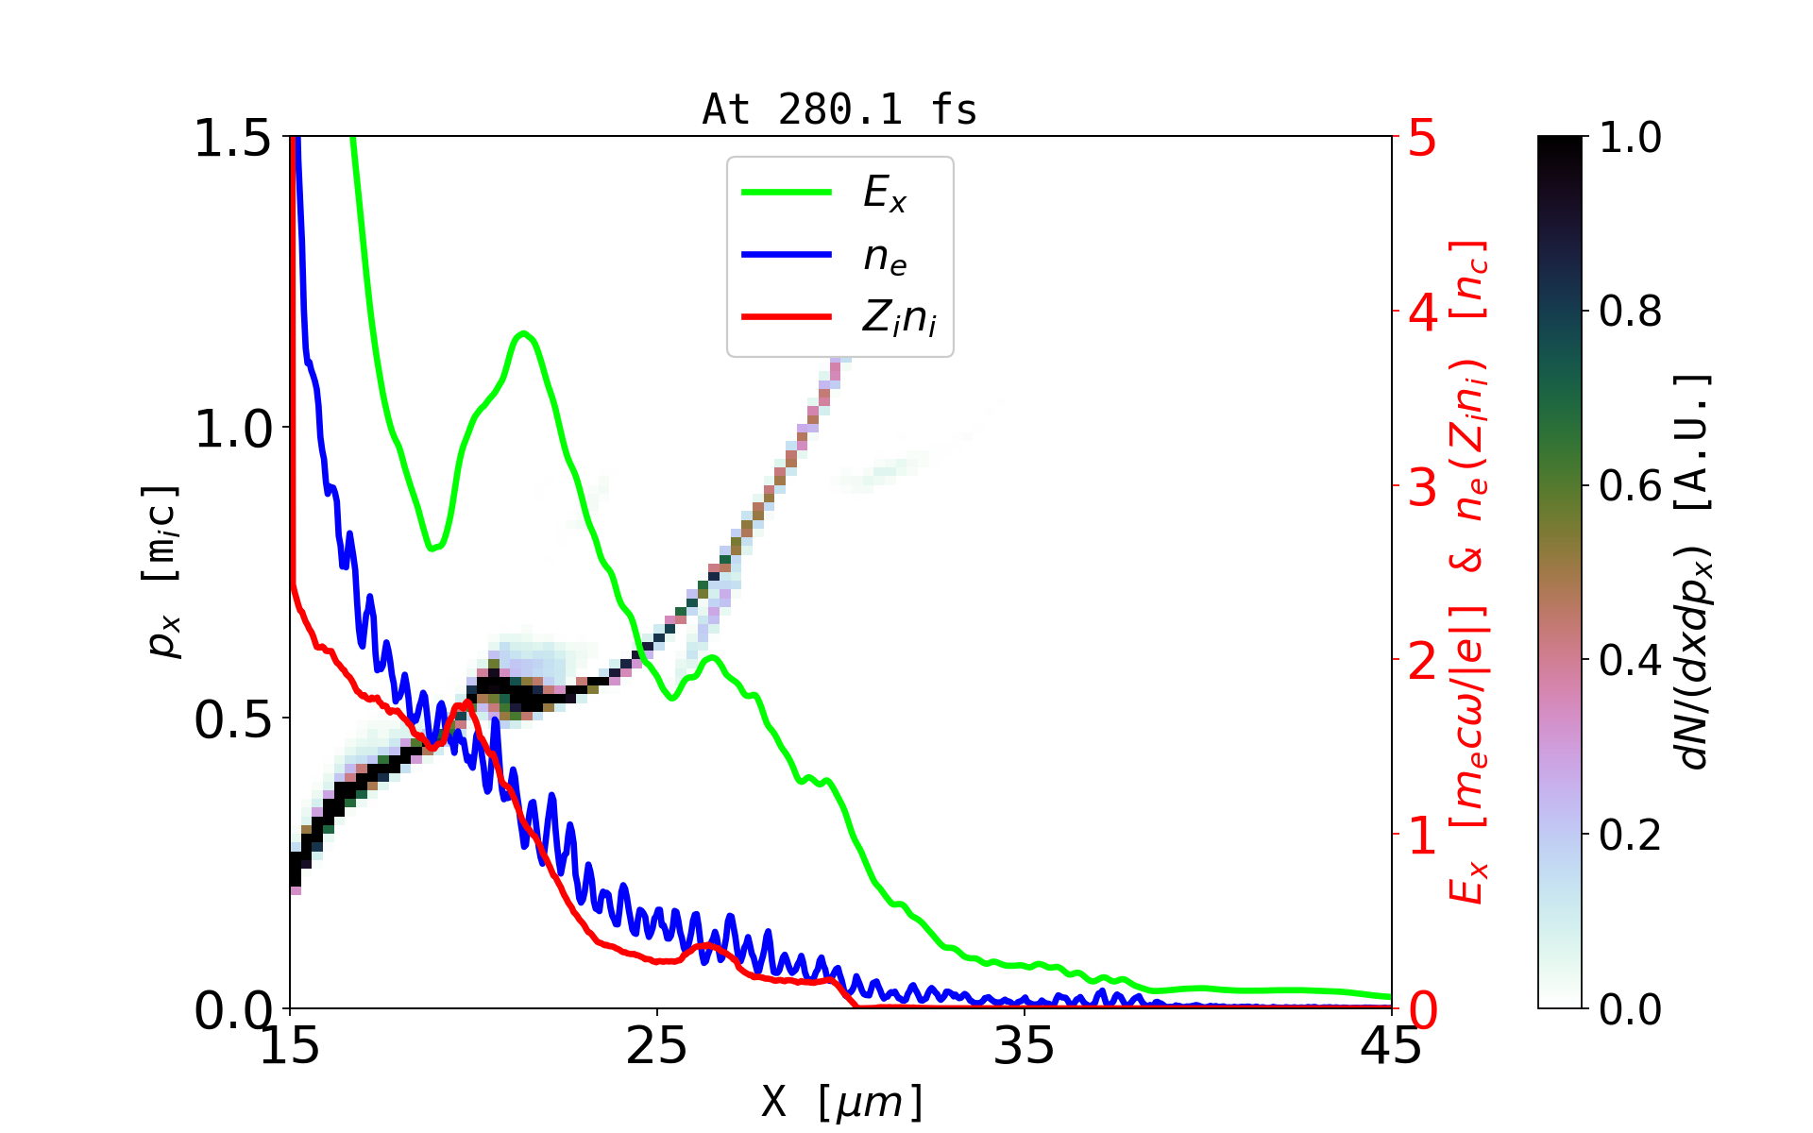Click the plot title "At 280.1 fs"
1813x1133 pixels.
pyautogui.click(x=839, y=110)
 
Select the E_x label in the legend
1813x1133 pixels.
pyautogui.click(x=885, y=194)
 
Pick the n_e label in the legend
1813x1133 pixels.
pyautogui.click(x=885, y=257)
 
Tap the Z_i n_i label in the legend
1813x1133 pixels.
pyautogui.click(x=899, y=318)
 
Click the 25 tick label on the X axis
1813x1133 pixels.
pyautogui.click(x=657, y=1046)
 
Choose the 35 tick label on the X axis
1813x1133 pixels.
pyautogui.click(x=1025, y=1046)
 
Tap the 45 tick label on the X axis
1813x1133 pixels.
pyautogui.click(x=1391, y=1046)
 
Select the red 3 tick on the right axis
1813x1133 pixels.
pyautogui.click(x=1422, y=487)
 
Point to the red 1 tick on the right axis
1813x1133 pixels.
pyautogui.click(x=1422, y=836)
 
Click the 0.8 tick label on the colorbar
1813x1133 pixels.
pyautogui.click(x=1630, y=312)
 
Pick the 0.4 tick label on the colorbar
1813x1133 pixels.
pyautogui.click(x=1630, y=660)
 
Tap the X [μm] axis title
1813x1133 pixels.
pyautogui.click(x=842, y=1101)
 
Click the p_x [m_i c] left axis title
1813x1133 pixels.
pyautogui.click(x=161, y=572)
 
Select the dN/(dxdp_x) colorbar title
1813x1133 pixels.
pyautogui.click(x=1694, y=572)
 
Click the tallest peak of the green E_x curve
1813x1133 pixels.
pyautogui.click(x=524, y=333)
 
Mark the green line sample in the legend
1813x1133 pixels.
pyautogui.click(x=787, y=193)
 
